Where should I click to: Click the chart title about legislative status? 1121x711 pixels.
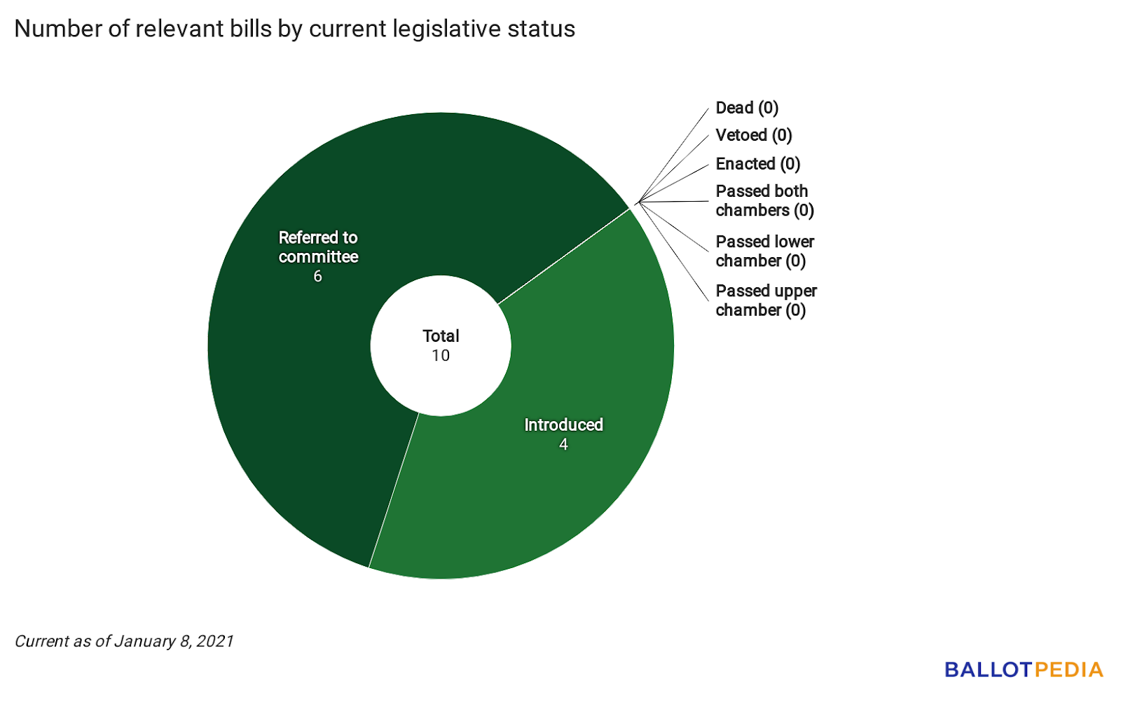tap(294, 29)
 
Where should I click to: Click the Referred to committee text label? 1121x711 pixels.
tap(318, 247)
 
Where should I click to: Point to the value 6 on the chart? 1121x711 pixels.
tap(317, 277)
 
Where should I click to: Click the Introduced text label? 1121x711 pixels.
tap(563, 424)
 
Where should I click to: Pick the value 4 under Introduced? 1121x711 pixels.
tap(563, 445)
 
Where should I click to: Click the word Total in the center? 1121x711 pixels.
tap(441, 336)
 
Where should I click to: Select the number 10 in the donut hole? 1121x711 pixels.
tap(441, 356)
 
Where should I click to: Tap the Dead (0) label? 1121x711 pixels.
tap(747, 108)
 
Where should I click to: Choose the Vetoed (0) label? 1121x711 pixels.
tap(753, 135)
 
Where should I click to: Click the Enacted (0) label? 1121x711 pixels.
tap(757, 164)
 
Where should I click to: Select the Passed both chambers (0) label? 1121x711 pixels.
tap(764, 201)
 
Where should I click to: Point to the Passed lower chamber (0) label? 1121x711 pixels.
tap(764, 251)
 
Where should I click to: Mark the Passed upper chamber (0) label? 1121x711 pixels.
tap(766, 301)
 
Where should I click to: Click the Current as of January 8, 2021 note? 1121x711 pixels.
tap(124, 641)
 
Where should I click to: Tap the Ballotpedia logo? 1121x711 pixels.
tap(1024, 670)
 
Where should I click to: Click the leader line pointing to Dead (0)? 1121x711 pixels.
tap(673, 156)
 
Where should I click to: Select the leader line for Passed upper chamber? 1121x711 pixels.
tap(673, 251)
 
